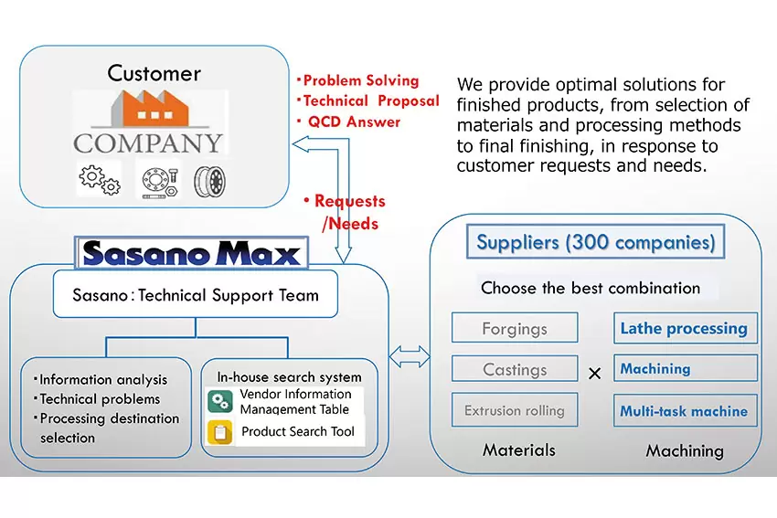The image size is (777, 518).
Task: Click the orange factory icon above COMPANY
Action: click(149, 108)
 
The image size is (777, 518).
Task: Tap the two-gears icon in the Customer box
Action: click(99, 179)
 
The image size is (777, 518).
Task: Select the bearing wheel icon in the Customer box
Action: click(209, 181)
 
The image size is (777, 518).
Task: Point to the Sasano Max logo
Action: click(191, 253)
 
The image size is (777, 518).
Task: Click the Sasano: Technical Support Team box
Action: click(196, 295)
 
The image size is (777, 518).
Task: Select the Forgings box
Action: click(515, 328)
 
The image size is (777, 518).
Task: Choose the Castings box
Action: click(515, 369)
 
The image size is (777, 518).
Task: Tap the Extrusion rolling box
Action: click(515, 410)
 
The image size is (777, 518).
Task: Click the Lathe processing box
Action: click(686, 328)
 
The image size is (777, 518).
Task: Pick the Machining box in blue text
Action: click(686, 368)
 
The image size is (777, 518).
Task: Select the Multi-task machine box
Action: click(686, 410)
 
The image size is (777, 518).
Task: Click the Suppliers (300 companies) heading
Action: click(596, 242)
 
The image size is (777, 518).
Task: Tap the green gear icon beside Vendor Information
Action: click(220, 402)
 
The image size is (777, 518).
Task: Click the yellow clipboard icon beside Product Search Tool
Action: click(220, 432)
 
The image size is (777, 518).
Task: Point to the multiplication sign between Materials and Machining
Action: click(595, 373)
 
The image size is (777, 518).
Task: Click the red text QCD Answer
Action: click(354, 122)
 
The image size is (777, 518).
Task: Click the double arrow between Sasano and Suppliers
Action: click(410, 356)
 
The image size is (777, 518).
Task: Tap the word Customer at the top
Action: click(154, 73)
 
